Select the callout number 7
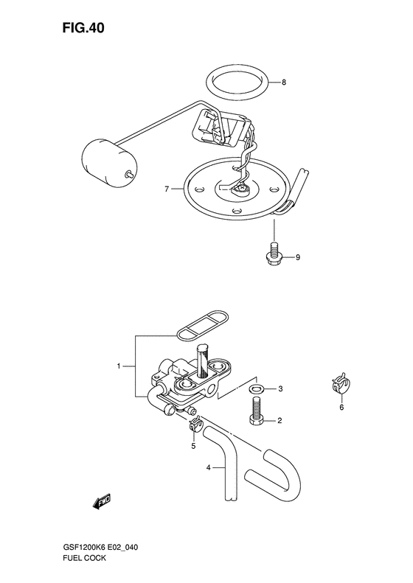pos(167,189)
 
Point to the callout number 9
pos(298,258)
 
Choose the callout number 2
pos(280,421)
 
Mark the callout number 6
pos(341,407)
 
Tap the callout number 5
pos(192,445)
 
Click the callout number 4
pos(209,467)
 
